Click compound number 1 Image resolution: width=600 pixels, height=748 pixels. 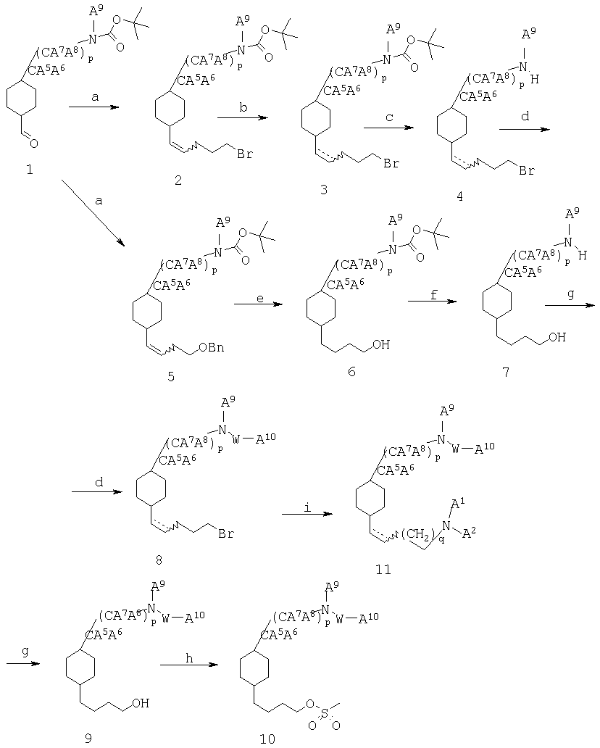30,170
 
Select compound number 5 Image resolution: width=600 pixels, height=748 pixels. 171,377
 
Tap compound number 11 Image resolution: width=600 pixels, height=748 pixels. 384,569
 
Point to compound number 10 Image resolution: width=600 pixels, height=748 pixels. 267,739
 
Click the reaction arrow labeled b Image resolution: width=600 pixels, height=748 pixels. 243,117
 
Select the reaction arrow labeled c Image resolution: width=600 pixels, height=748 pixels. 388,128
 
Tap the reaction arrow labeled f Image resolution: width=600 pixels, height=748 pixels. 433,301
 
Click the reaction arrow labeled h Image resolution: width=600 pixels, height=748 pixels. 189,665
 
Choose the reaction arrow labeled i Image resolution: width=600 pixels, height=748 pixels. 307,514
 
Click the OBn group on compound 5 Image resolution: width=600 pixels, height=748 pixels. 212,347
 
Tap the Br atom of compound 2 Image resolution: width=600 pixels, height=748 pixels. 245,154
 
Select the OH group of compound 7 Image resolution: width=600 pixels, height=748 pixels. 557,337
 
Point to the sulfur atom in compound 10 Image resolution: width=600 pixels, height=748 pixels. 325,713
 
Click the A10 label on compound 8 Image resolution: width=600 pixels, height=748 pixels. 266,439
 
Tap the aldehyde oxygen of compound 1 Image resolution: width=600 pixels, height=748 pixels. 35,143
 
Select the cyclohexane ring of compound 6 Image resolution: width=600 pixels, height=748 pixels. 321,309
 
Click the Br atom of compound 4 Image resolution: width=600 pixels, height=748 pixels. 527,170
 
